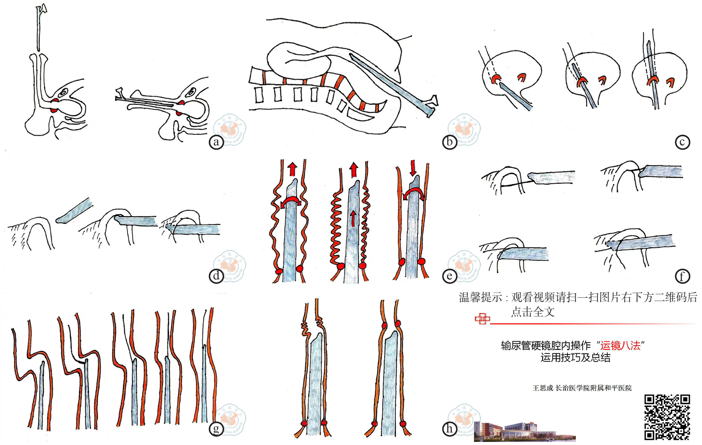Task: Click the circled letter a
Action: coord(216,142)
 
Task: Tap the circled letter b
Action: coord(449,142)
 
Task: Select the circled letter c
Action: coord(682,142)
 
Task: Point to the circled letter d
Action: coord(216,276)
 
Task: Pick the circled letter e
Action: coord(449,276)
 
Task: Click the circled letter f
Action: coord(682,276)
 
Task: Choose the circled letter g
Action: coord(216,429)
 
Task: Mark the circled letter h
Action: coord(449,429)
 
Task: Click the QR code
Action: coord(667,417)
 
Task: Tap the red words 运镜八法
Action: coord(620,346)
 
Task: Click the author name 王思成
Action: coord(542,388)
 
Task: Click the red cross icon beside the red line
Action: coord(482,320)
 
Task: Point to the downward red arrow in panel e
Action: coord(413,167)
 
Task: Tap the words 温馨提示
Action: coord(480,298)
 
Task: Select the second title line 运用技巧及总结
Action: coord(575,358)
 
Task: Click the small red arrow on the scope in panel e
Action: coord(353,218)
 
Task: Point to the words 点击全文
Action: coord(532,312)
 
